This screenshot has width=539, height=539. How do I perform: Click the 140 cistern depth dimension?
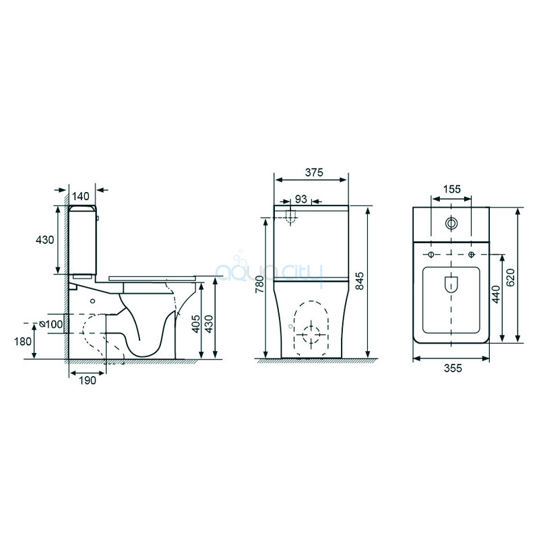pyautogui.click(x=80, y=196)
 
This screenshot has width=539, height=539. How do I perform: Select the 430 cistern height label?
pyautogui.click(x=44, y=240)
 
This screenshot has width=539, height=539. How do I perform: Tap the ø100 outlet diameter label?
pyautogui.click(x=51, y=324)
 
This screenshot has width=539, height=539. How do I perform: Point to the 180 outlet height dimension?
pyautogui.click(x=23, y=342)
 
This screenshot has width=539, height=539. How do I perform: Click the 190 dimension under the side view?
pyautogui.click(x=88, y=380)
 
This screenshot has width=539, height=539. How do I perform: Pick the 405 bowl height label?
pyautogui.click(x=195, y=324)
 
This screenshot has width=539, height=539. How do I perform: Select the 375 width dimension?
pyautogui.click(x=314, y=172)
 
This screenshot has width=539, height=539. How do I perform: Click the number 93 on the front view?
pyautogui.click(x=300, y=199)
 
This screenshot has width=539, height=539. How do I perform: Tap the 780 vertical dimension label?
pyautogui.click(x=259, y=284)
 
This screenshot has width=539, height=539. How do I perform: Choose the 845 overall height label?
pyautogui.click(x=360, y=281)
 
